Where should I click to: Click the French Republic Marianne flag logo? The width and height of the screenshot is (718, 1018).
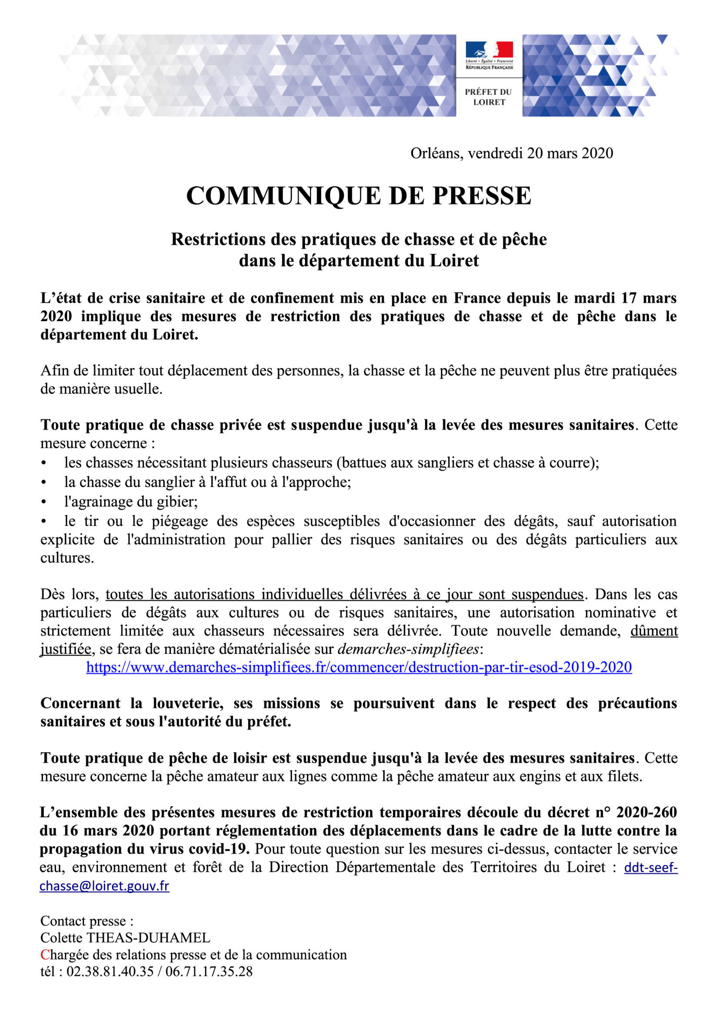pyautogui.click(x=489, y=50)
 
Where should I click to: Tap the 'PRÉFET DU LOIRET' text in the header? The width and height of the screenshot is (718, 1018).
pyautogui.click(x=488, y=97)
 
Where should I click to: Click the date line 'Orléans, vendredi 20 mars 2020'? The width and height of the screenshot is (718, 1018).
pyautogui.click(x=511, y=154)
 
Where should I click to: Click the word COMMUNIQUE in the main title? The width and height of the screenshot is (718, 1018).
pyautogui.click(x=283, y=195)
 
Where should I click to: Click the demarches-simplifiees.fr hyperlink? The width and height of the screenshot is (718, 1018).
pyautogui.click(x=359, y=667)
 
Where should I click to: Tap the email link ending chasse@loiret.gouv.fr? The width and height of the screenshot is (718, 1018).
pyautogui.click(x=105, y=886)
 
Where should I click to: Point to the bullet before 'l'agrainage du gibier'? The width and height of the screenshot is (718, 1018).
pyautogui.click(x=44, y=502)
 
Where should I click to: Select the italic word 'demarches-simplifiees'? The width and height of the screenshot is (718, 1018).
pyautogui.click(x=409, y=649)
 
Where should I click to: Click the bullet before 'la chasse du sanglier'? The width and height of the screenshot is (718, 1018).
pyautogui.click(x=44, y=483)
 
